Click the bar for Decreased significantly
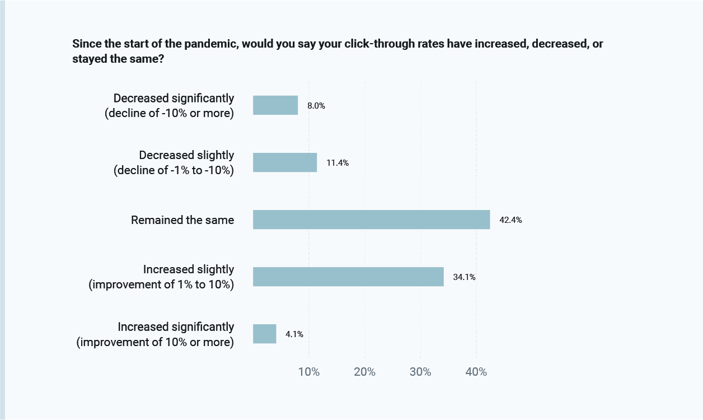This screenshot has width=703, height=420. (x=275, y=105)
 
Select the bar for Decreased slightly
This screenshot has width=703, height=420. (x=285, y=162)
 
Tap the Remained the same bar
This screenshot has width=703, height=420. (x=372, y=220)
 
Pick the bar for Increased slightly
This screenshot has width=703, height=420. (x=348, y=277)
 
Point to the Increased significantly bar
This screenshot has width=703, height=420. (x=265, y=334)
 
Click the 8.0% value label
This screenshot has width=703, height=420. (x=316, y=105)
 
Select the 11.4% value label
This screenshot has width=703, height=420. (x=338, y=163)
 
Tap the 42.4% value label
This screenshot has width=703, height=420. (x=510, y=220)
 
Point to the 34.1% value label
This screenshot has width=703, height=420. (x=464, y=277)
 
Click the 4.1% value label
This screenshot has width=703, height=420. (x=294, y=334)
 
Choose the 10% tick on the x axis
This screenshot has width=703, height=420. (x=308, y=372)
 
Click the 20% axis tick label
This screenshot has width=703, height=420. (x=364, y=372)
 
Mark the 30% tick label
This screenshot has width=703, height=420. (x=420, y=372)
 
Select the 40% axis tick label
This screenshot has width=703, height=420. (x=476, y=372)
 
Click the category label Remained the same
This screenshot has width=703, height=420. (x=182, y=220)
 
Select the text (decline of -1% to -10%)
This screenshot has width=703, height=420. (x=174, y=171)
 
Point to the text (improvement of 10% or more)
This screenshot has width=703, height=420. (x=155, y=342)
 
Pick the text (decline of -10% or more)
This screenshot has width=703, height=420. (x=170, y=113)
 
